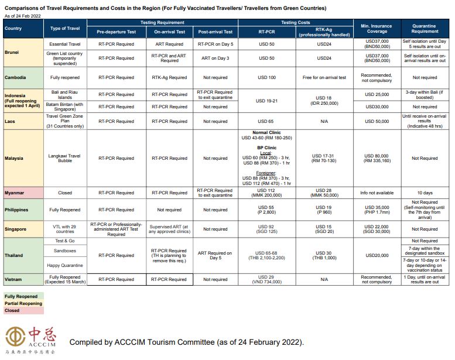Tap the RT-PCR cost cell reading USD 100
coord(266,77)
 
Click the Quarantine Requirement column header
coord(425,28)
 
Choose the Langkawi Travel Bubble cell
coord(65,158)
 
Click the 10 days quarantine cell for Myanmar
coord(425,193)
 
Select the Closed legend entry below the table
coord(12,311)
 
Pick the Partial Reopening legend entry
coord(23,304)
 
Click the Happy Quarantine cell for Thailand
coord(65,266)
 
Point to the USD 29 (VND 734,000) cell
coord(266,279)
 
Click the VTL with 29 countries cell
coord(65,229)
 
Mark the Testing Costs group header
coord(296,22)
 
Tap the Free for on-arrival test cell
coord(324,77)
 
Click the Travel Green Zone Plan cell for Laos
coord(65,121)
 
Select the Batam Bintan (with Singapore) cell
coord(65,107)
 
